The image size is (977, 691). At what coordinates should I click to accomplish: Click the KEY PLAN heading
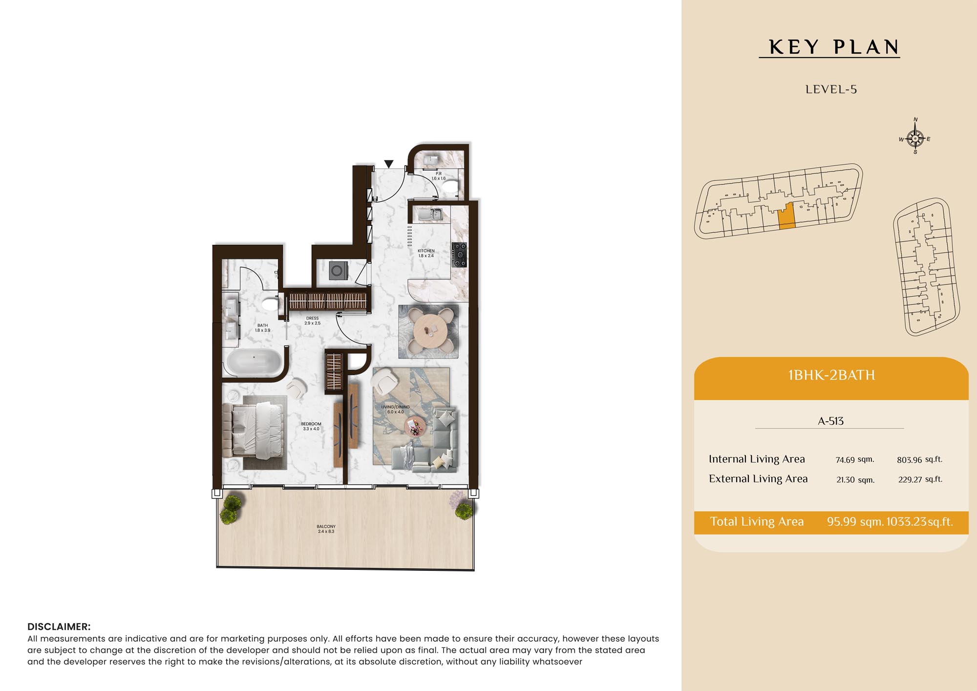click(834, 47)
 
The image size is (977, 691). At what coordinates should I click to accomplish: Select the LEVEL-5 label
click(831, 89)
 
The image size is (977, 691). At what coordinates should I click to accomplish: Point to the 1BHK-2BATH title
click(831, 375)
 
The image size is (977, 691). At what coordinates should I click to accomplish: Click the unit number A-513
click(830, 421)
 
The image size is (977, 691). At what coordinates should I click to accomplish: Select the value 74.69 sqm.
click(855, 459)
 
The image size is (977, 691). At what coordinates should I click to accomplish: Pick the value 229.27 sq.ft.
click(920, 479)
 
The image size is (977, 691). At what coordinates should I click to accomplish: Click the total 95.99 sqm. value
click(855, 521)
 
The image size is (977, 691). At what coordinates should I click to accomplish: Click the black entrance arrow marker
click(389, 164)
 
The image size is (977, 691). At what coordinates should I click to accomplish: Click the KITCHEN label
click(426, 251)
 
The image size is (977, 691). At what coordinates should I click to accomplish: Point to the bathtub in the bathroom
click(254, 362)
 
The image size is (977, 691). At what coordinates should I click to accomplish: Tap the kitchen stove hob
click(459, 255)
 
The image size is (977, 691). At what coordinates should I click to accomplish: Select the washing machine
click(338, 271)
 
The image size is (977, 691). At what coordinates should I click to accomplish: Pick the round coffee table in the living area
click(415, 426)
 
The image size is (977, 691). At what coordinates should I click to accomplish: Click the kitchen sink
click(430, 214)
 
